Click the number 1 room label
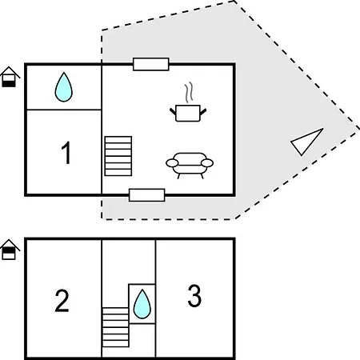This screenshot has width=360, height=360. coord(66,153)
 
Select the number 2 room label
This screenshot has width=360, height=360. coord(62,301)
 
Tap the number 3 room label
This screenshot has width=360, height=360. coord(194,295)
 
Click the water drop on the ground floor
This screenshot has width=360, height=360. coord(63,87)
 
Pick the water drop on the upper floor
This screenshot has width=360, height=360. coord(142,304)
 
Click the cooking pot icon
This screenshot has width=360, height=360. coord(188,113)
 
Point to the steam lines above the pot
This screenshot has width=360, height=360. coord(189,93)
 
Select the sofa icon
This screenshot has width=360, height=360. coord(190,166)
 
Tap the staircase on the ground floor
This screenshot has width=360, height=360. coord(118,156)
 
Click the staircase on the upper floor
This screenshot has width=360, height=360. coord(115,327)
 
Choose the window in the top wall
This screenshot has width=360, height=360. coord(151,64)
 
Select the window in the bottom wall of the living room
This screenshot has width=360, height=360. coord(147,195)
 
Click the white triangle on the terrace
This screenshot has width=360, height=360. coord(306,142)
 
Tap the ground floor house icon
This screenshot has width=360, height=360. coord(10,77)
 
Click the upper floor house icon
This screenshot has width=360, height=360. coord(10,250)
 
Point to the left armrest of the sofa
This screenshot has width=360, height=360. coord(172,162)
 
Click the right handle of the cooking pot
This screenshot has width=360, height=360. coord(203,111)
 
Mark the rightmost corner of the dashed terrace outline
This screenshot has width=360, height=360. coord(359,131)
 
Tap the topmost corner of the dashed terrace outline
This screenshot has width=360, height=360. coord(234,2)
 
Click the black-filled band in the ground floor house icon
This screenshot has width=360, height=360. coord(9,83)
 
